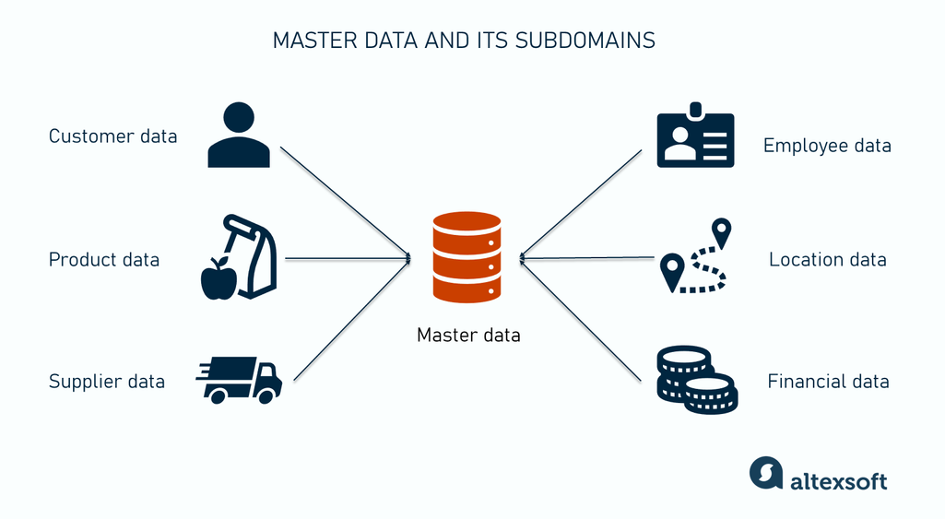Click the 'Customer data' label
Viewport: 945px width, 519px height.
[112, 136]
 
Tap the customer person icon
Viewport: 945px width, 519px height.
[239, 136]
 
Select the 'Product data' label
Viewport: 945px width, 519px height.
[103, 260]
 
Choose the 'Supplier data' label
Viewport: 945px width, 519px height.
[106, 381]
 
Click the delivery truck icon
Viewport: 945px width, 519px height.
[240, 379]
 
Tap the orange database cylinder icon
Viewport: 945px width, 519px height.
[467, 256]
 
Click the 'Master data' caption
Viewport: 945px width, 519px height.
[468, 335]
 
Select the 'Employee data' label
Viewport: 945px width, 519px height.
[827, 146]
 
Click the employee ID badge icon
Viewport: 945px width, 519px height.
[695, 138]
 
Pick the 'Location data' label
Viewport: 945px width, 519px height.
[827, 260]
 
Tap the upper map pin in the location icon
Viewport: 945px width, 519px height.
[721, 230]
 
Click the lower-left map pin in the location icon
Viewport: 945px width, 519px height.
[672, 270]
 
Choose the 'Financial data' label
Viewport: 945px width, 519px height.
[828, 381]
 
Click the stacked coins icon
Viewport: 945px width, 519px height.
[695, 378]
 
